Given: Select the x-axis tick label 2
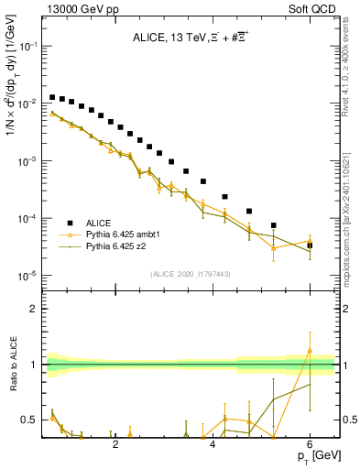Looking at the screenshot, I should pyautogui.click(x=115, y=443).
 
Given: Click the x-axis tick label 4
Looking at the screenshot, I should pyautogui.click(x=213, y=443).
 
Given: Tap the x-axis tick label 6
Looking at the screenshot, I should pyautogui.click(x=310, y=443).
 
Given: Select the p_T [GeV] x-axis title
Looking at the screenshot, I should pyautogui.click(x=320, y=456).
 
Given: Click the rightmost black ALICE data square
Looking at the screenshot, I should pyautogui.click(x=310, y=245).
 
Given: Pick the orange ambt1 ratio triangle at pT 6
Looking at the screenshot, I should pyautogui.click(x=310, y=350).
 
